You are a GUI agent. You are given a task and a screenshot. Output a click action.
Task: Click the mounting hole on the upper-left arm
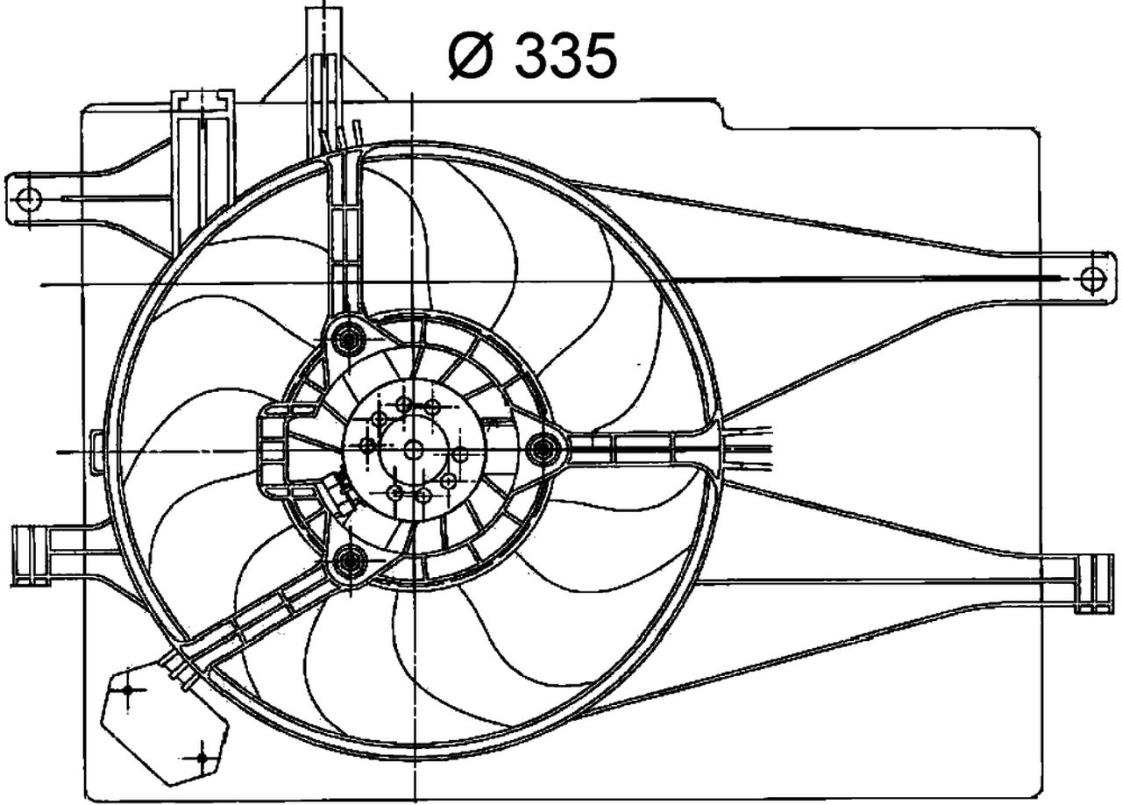(x=28, y=200)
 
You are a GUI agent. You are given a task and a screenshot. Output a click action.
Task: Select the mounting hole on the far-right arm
(x=1090, y=280)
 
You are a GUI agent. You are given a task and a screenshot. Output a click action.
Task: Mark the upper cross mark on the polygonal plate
(x=129, y=690)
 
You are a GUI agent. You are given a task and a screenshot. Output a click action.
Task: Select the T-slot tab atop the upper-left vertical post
(x=203, y=98)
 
